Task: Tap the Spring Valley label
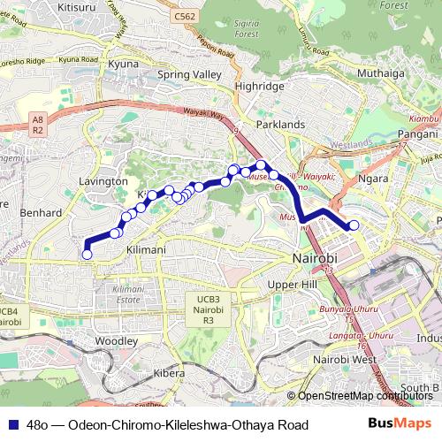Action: (186, 75)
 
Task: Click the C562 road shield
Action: (185, 16)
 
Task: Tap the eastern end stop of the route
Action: (354, 225)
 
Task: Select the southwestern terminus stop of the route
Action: (87, 255)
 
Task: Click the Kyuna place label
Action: (123, 65)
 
